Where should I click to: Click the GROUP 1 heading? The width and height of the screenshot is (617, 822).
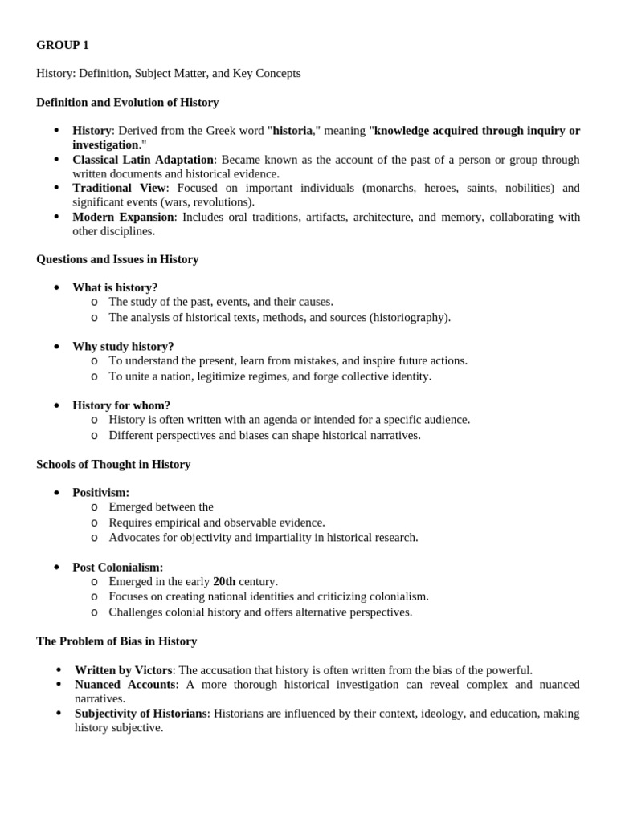click(63, 45)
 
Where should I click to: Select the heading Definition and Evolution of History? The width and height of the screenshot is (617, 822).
click(127, 103)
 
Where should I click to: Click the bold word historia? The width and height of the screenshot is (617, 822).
click(292, 131)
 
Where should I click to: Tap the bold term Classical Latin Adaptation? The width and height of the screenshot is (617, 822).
click(143, 160)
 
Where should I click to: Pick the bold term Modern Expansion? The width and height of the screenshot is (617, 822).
click(123, 218)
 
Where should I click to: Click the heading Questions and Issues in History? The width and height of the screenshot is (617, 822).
click(117, 259)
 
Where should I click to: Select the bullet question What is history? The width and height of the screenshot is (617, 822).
click(115, 287)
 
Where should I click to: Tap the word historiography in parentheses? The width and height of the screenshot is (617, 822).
click(410, 317)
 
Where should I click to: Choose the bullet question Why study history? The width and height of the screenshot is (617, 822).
click(123, 347)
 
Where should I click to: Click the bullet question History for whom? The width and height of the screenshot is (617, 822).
click(121, 405)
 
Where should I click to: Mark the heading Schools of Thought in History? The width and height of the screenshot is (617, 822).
click(113, 465)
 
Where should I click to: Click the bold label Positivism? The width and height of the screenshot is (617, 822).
click(100, 493)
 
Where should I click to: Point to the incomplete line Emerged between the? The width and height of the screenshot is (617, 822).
click(161, 507)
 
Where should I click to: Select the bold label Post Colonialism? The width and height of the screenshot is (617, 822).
click(117, 568)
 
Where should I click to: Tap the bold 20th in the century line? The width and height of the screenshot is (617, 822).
click(224, 582)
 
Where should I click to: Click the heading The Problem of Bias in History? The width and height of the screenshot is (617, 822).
click(116, 641)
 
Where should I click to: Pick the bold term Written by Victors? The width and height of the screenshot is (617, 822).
click(124, 670)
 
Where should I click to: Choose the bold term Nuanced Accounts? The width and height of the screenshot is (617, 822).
click(125, 685)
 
